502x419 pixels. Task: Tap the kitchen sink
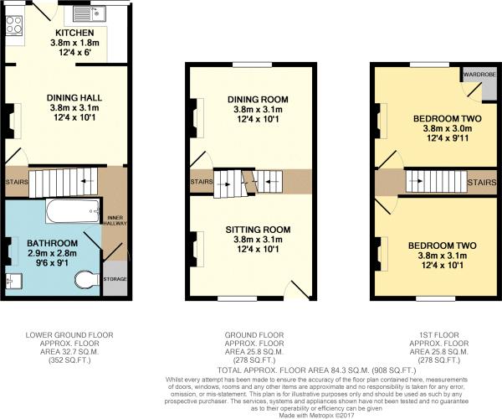87,14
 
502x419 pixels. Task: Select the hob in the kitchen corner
16,26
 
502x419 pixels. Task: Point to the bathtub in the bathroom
71,211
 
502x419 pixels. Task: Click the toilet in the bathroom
85,278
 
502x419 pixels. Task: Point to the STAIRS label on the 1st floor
479,181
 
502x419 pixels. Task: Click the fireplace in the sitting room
197,249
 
